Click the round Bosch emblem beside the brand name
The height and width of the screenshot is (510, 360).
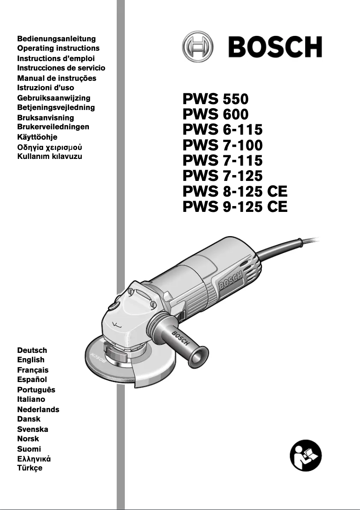[x=198, y=47]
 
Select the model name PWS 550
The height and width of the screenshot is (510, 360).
[x=215, y=99]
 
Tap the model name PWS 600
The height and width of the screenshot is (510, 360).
[x=215, y=114]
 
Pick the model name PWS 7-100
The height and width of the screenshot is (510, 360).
[x=223, y=145]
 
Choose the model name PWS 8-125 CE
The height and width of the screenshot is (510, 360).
[x=235, y=191]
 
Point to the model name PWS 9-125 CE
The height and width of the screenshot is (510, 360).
[x=235, y=207]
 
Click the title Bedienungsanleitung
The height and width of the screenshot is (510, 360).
[x=56, y=39]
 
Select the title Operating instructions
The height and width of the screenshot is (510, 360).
[x=58, y=48]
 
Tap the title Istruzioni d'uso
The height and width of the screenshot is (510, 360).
[x=45, y=88]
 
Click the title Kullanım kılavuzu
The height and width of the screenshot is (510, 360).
[x=49, y=157]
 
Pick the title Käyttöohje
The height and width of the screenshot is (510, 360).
[x=37, y=137]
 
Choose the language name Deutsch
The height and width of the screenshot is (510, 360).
[x=32, y=350]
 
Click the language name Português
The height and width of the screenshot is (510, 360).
[x=36, y=390]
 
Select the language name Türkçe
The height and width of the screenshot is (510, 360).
[x=30, y=468]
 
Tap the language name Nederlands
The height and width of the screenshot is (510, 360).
[x=38, y=409]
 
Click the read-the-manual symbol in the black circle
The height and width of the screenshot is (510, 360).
[x=306, y=456]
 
